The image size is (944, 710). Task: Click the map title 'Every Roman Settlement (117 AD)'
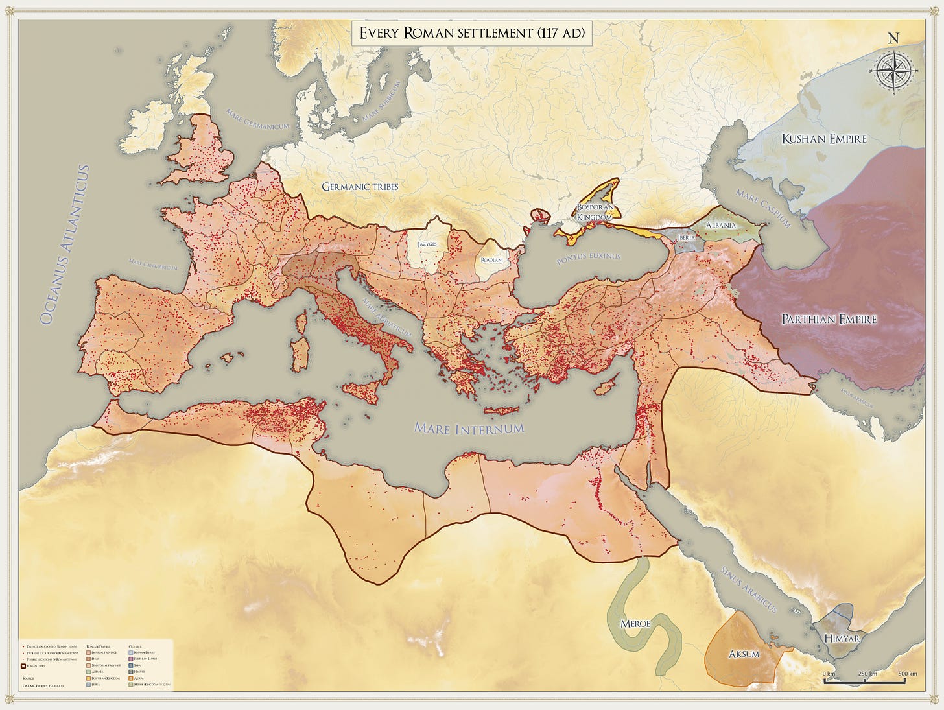pyautogui.click(x=471, y=33)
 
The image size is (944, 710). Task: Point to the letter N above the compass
pyautogui.click(x=893, y=38)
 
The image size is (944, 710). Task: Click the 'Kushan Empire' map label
pyautogui.click(x=823, y=139)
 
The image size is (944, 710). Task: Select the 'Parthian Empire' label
pyautogui.click(x=829, y=319)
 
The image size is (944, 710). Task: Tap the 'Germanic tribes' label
pyautogui.click(x=360, y=187)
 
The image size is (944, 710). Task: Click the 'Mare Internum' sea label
pyautogui.click(x=469, y=429)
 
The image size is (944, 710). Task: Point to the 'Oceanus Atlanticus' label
pyautogui.click(x=64, y=244)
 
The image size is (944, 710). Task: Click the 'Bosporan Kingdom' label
pyautogui.click(x=595, y=213)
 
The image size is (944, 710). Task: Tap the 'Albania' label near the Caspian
pyautogui.click(x=720, y=225)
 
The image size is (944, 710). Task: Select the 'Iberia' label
pyautogui.click(x=686, y=238)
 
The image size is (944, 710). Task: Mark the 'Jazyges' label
pyautogui.click(x=427, y=244)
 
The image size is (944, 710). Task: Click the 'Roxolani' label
pyautogui.click(x=491, y=260)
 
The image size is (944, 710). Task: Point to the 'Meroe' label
pyautogui.click(x=635, y=624)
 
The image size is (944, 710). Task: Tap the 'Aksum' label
pyautogui.click(x=744, y=654)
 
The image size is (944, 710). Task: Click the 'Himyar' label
pyautogui.click(x=842, y=639)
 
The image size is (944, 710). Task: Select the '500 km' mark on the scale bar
pyautogui.click(x=907, y=674)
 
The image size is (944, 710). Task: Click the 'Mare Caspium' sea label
pyautogui.click(x=762, y=207)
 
